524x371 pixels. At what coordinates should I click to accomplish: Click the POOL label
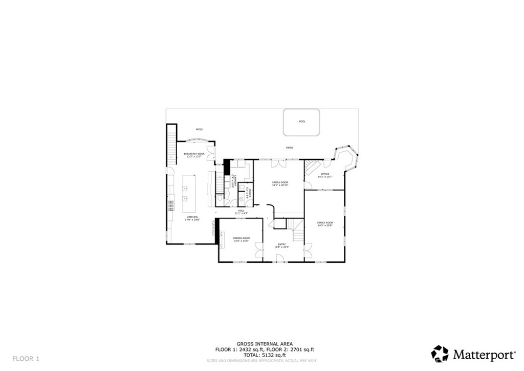(302, 121)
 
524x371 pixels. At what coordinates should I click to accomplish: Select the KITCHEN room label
(192, 218)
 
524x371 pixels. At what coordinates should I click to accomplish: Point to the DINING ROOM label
(241, 239)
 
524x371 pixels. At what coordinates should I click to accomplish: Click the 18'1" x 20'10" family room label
(280, 184)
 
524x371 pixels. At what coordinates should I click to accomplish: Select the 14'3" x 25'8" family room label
(325, 224)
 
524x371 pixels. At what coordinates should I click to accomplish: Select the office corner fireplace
(311, 166)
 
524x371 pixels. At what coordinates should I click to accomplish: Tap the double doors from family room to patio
(279, 162)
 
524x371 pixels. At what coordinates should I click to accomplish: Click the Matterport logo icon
(440, 354)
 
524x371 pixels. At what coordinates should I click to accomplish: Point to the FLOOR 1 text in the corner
(26, 358)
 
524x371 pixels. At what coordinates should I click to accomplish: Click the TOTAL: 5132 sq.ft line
(265, 355)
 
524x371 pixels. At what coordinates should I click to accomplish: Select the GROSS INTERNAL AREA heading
(265, 344)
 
